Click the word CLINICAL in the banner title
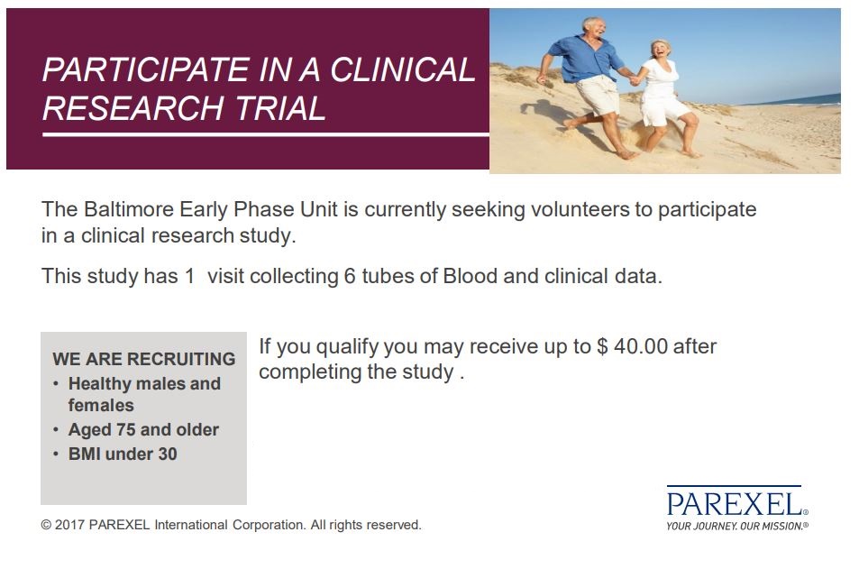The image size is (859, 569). point(403,69)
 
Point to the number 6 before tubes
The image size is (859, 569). point(350,276)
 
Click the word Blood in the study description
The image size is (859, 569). point(470,276)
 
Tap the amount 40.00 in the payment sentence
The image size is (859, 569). point(640,346)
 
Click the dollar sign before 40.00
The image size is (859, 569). point(602,346)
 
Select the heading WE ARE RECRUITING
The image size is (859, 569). point(144,359)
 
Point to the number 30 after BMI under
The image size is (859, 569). point(168,454)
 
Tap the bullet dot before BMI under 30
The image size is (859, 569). point(56,454)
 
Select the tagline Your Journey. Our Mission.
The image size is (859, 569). point(736,527)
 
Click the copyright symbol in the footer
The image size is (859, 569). point(46,525)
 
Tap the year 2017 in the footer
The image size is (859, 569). point(69,525)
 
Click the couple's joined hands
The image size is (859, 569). point(635,80)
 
